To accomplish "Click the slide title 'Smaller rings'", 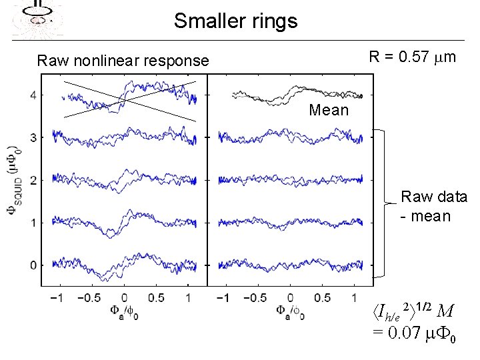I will pos(235,21).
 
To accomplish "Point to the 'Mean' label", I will pos(329,110).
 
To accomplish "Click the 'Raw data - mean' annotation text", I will pos(433,207).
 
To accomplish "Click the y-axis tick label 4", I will pos(33,95).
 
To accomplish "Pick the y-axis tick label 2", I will pos(33,180).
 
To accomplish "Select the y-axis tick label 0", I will pos(33,265).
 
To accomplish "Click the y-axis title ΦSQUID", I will pos(13,180).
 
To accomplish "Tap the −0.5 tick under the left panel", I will pos(91,297).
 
